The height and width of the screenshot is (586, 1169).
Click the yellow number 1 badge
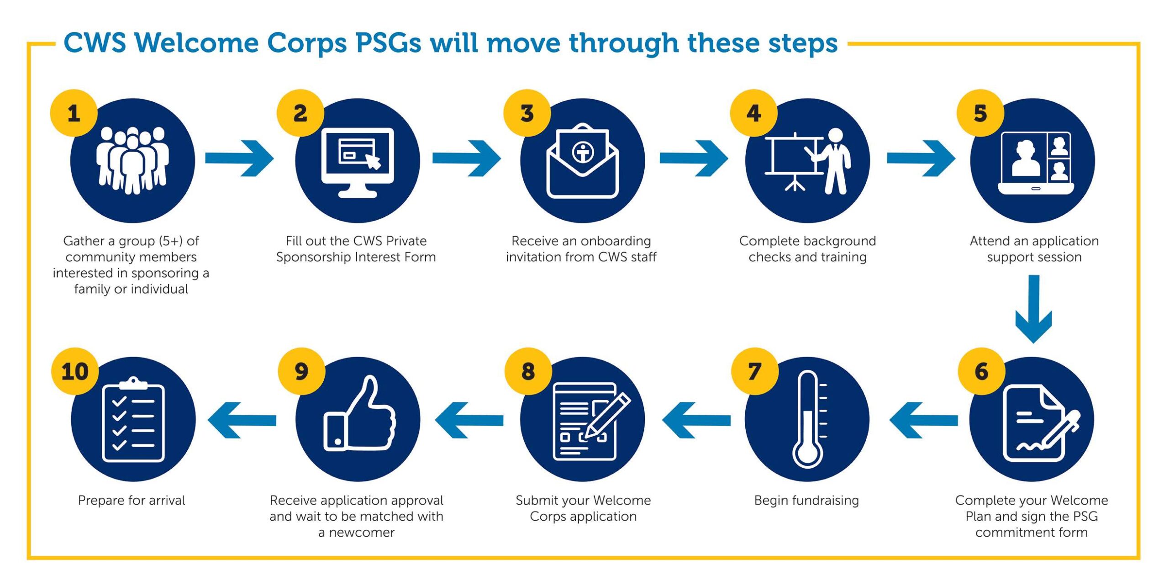click(74, 113)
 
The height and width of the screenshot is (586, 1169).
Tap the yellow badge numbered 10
click(74, 371)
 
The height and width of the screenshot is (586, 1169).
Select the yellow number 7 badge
click(754, 371)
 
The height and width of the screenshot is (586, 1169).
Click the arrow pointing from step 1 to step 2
click(239, 158)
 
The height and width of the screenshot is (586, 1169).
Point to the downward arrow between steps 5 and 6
click(1033, 308)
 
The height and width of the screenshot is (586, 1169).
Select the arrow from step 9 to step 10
click(242, 420)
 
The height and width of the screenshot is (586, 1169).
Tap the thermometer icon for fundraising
click(807, 419)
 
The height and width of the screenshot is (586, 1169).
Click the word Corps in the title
click(306, 43)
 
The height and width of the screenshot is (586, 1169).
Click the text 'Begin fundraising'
click(806, 500)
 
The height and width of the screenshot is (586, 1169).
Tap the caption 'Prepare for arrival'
click(132, 500)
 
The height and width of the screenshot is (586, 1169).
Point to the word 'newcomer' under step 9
click(362, 532)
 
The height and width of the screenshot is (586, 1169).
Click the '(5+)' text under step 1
click(171, 241)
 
